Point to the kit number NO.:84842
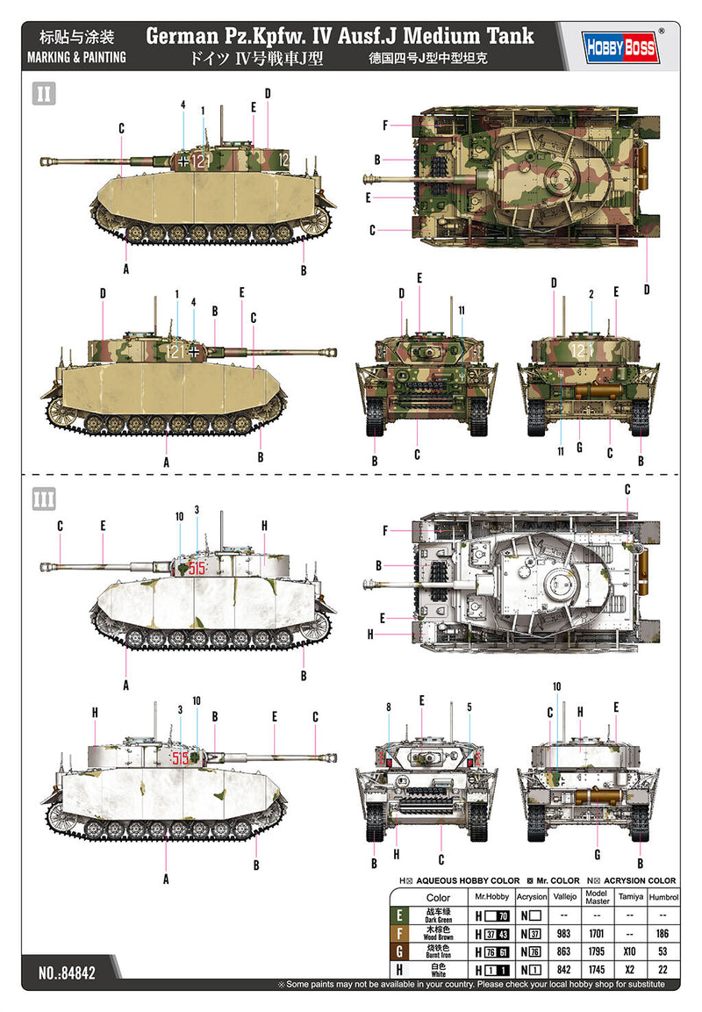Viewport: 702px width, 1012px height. pos(68,973)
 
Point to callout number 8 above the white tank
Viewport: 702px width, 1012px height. pos(388,707)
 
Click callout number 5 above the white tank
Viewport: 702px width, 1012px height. pos(469,707)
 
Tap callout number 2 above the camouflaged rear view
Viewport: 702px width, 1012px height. pos(592,293)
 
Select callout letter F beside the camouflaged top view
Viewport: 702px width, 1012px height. pos(384,125)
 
